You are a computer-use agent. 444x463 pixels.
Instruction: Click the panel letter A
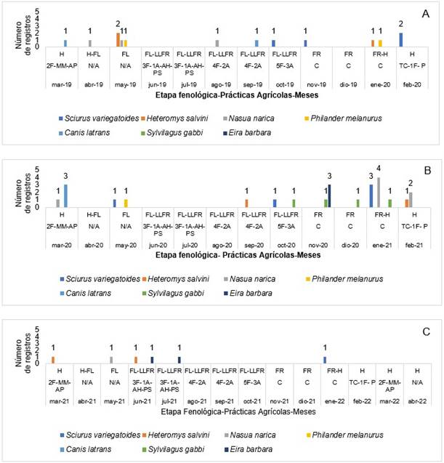point(427,13)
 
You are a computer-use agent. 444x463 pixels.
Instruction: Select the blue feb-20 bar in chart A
point(400,39)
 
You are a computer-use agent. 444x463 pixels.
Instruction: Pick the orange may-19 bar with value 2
point(118,39)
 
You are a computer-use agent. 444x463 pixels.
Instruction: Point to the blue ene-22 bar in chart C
point(325,359)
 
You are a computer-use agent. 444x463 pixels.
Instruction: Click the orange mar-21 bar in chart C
point(53,359)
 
